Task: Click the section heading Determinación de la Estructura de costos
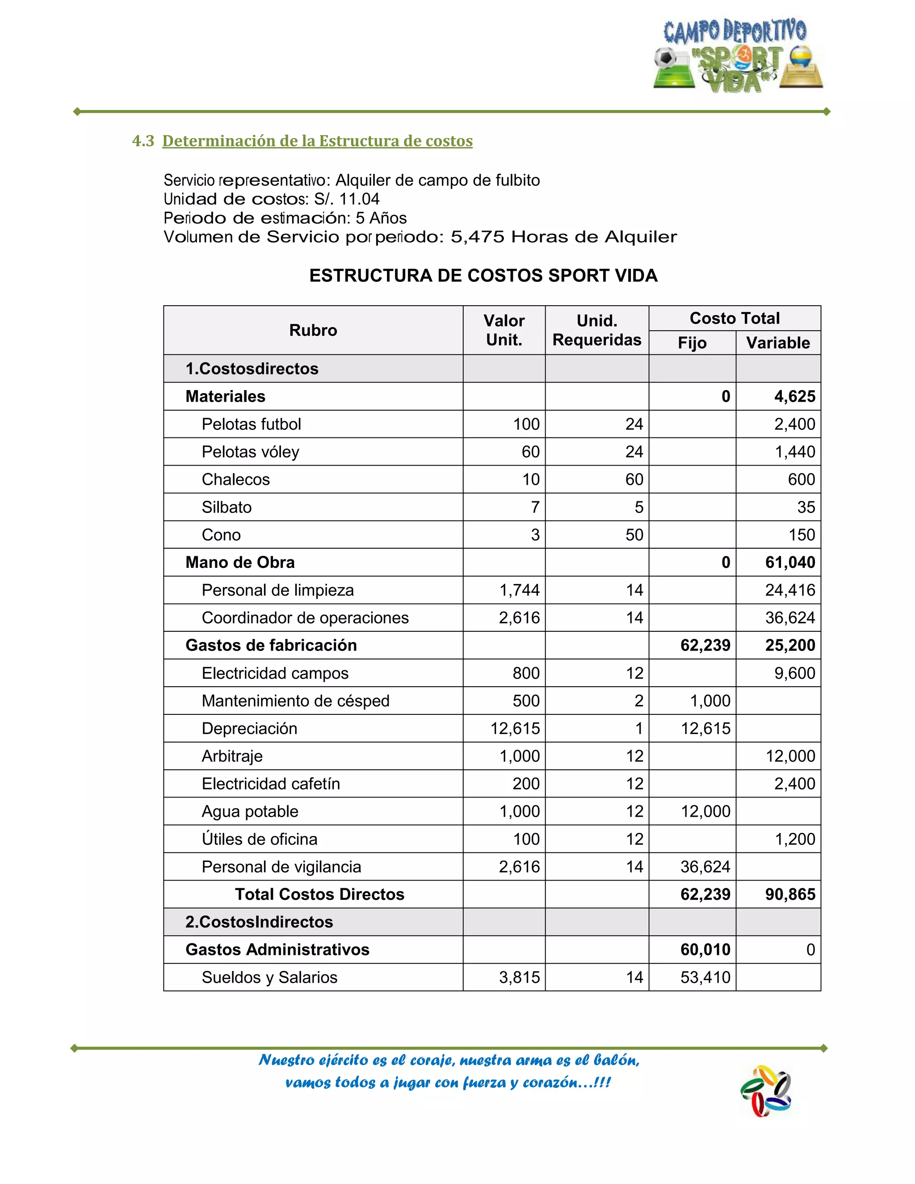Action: click(x=317, y=141)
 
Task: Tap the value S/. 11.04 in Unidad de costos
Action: click(x=347, y=199)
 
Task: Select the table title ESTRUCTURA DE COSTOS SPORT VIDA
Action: click(x=483, y=275)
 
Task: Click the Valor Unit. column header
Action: click(x=504, y=330)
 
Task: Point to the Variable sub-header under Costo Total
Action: click(x=777, y=343)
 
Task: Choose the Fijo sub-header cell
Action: click(x=692, y=343)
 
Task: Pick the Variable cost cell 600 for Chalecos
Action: click(x=801, y=479)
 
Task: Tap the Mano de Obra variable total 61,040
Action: click(x=790, y=562)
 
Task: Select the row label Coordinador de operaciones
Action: click(x=305, y=617)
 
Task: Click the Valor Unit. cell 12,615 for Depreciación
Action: click(x=515, y=728)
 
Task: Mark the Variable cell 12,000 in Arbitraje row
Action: click(x=790, y=756)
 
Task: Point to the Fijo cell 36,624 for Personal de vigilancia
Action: click(x=705, y=866)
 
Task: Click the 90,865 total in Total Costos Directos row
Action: click(x=790, y=894)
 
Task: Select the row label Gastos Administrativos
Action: click(x=277, y=949)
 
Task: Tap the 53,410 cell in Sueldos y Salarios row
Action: click(x=705, y=977)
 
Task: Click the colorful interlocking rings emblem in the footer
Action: click(x=766, y=1091)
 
